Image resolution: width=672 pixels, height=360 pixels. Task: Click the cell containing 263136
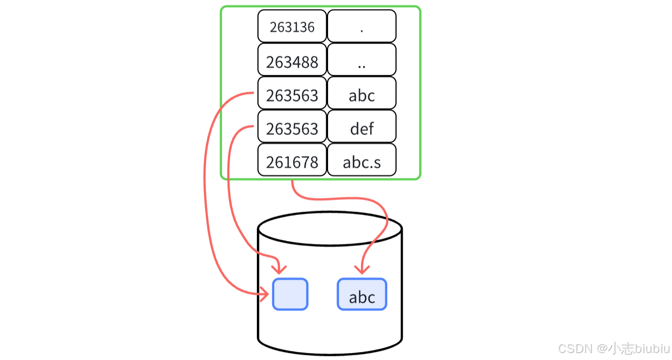click(x=292, y=26)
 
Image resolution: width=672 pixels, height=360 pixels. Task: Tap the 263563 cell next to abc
click(x=292, y=95)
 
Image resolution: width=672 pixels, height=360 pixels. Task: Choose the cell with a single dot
click(x=361, y=26)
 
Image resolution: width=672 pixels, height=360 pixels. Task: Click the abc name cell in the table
click(x=361, y=95)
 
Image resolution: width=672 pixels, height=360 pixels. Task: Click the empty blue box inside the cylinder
click(x=290, y=294)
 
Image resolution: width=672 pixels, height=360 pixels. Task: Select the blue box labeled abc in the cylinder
click(x=362, y=294)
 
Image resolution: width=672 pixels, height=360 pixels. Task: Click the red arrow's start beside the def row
click(x=252, y=126)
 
